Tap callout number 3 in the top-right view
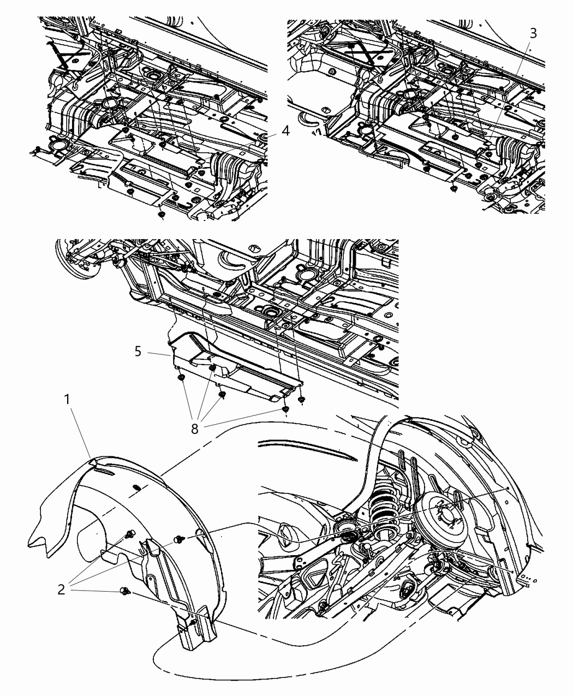tap(533, 33)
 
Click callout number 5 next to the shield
tap(138, 351)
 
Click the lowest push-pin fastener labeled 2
tap(125, 591)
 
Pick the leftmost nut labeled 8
tap(180, 376)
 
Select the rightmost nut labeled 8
tap(302, 400)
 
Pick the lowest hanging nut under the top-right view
tap(454, 188)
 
